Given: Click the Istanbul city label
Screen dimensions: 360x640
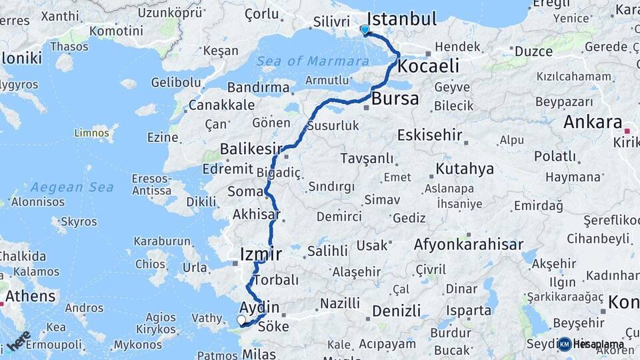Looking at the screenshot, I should (402, 18).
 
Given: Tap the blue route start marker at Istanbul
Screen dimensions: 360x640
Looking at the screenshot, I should (365, 30).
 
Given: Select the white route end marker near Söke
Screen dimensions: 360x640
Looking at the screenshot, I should (241, 321).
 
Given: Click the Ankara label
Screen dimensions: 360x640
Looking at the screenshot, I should (593, 122).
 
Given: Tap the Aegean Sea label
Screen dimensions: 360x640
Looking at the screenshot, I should (72, 187).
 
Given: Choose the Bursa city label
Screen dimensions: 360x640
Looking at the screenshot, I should (396, 99).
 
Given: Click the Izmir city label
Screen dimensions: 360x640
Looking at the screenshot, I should (261, 253).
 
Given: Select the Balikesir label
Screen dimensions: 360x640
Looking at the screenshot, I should (253, 148).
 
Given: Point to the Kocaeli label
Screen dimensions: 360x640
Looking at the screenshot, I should (429, 67).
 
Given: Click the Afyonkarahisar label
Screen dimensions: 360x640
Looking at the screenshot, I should (469, 245).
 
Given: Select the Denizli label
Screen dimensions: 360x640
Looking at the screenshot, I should (397, 311).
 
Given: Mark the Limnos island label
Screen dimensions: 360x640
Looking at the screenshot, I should (92, 133).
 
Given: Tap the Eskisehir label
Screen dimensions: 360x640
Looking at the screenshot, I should (429, 135).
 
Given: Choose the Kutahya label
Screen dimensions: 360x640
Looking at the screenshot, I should (465, 169).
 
